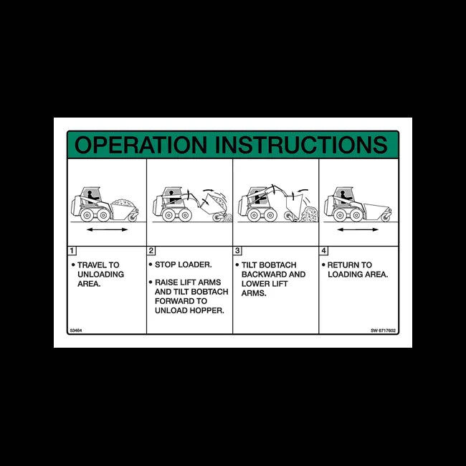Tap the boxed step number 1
coord(72,250)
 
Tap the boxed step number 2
coord(151,250)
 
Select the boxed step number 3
coord(237,250)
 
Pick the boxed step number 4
coord(323,250)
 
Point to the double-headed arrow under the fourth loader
coord(357,230)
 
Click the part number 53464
coord(75,330)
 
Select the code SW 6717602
coord(384,330)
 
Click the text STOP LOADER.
coord(183,265)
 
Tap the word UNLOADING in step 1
coord(100,275)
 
